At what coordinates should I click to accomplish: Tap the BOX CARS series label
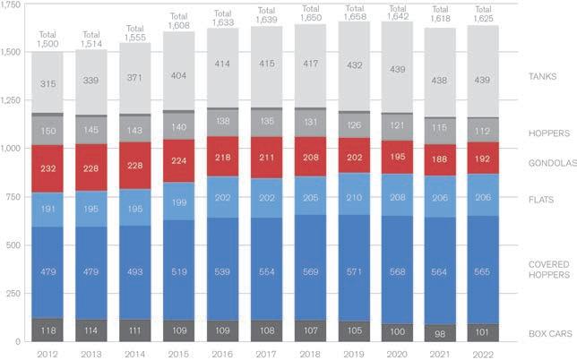click(544, 332)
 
